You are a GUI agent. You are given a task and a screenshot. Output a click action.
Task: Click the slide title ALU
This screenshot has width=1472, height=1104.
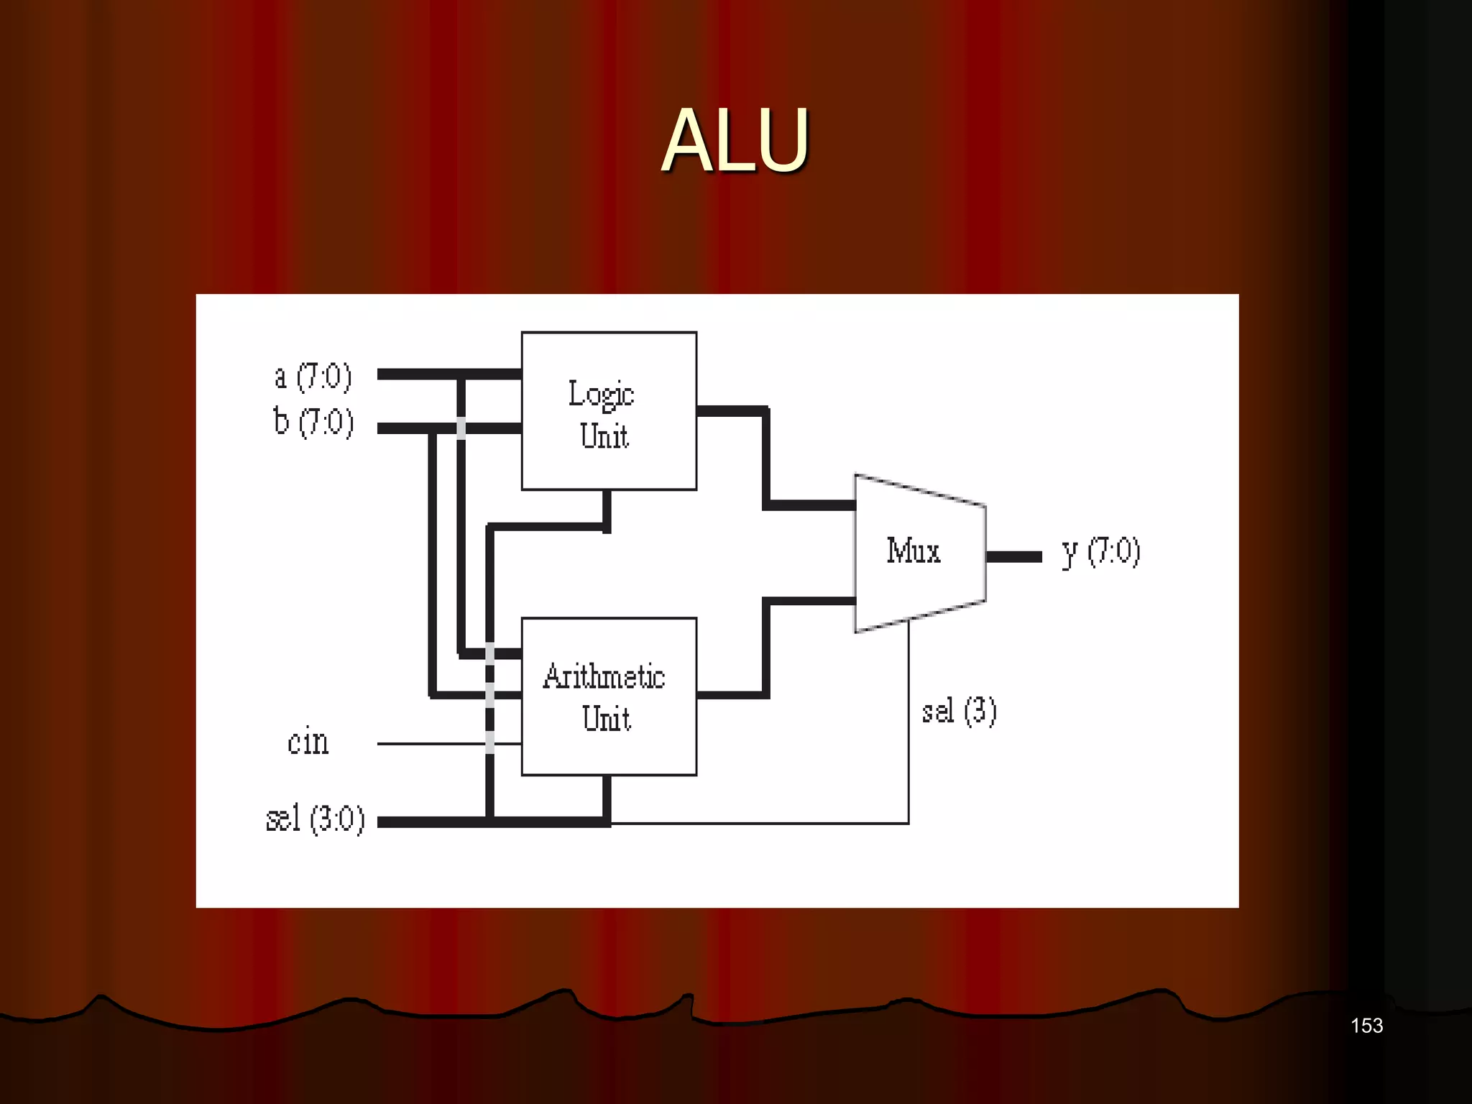click(735, 140)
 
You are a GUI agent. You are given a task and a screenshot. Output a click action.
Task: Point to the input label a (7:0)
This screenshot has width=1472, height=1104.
click(313, 377)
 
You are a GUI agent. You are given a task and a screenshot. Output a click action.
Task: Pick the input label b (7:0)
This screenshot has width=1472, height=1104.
click(313, 422)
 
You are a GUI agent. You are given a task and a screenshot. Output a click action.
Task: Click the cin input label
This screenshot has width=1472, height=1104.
click(308, 741)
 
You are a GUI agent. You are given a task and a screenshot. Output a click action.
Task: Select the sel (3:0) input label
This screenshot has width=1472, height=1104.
click(315, 819)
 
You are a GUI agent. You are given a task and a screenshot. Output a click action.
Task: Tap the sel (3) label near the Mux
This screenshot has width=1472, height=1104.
click(959, 712)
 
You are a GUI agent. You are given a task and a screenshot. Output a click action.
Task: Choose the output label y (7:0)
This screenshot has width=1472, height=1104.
click(1101, 553)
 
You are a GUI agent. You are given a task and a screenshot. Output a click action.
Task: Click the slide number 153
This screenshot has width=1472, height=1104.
click(1366, 1026)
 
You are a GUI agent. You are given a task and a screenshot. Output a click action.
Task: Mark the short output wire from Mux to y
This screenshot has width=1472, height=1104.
click(1013, 556)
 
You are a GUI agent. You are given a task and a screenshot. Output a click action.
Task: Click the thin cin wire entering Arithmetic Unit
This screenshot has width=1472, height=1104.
click(431, 744)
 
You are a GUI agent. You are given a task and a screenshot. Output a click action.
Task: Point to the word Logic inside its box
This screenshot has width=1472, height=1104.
click(601, 394)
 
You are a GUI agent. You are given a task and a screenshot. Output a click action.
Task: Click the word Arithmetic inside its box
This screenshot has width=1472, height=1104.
click(604, 676)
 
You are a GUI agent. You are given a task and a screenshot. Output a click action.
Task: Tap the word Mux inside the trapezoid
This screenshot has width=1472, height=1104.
click(913, 551)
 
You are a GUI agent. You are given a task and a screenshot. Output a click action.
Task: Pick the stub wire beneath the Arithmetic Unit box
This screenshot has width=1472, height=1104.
click(607, 798)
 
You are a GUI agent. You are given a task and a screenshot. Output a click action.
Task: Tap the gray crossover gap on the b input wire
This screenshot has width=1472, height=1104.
click(461, 428)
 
